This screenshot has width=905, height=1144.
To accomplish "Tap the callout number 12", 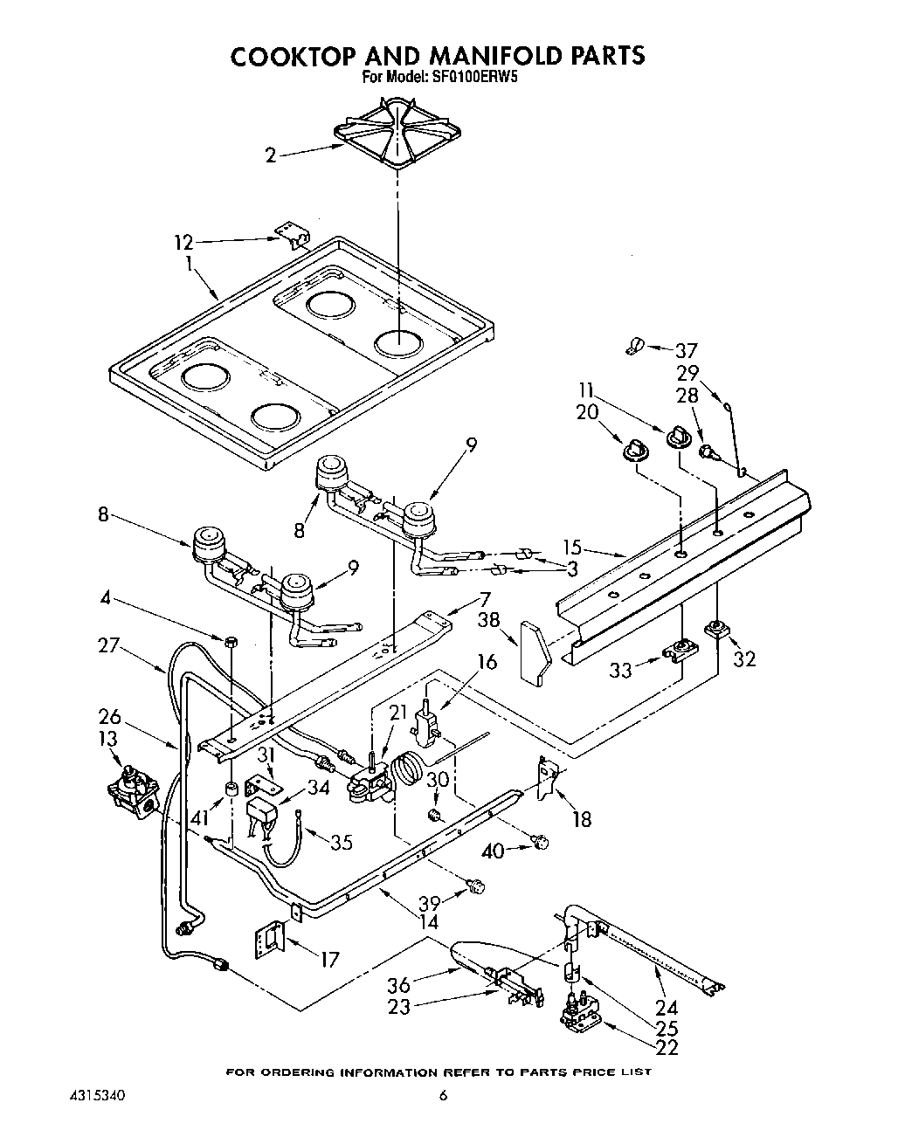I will [183, 242].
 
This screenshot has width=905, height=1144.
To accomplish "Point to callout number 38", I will [490, 620].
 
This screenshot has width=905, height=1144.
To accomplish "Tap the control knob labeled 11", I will [679, 437].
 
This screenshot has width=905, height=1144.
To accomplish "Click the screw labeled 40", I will [542, 842].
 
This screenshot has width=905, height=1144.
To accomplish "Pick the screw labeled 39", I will [476, 887].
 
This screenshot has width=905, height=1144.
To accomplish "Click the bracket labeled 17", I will [270, 941].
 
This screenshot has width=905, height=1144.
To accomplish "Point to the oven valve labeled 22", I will [581, 1013].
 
